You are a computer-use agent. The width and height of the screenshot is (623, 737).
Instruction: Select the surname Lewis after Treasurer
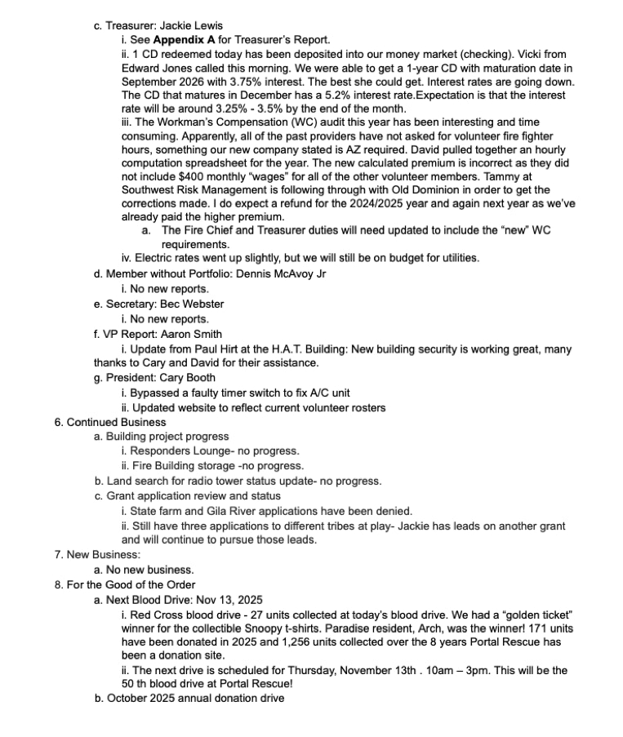coord(207,24)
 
